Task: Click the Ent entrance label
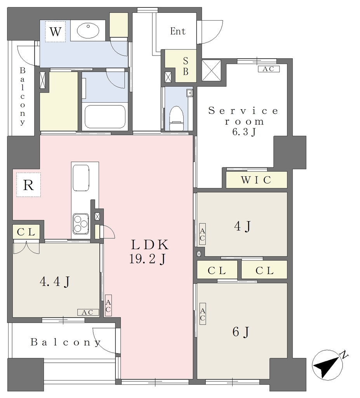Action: [x=177, y=31]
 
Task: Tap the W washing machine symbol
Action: [x=55, y=32]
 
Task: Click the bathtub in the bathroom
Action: [x=105, y=117]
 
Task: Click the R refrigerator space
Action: [x=28, y=185]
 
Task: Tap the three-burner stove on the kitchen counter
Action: [x=81, y=223]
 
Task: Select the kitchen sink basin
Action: [x=81, y=178]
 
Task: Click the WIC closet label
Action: [x=256, y=180]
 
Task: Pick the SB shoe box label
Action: [x=186, y=66]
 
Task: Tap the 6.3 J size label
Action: [x=244, y=132]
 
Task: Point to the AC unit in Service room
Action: [x=269, y=69]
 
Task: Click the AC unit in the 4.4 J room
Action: [x=88, y=312]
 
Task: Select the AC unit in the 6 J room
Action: [x=202, y=314]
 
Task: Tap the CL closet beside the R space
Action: [x=26, y=232]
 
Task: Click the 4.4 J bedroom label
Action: [x=54, y=281]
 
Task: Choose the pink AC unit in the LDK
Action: [x=108, y=305]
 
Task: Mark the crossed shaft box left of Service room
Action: [x=211, y=70]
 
